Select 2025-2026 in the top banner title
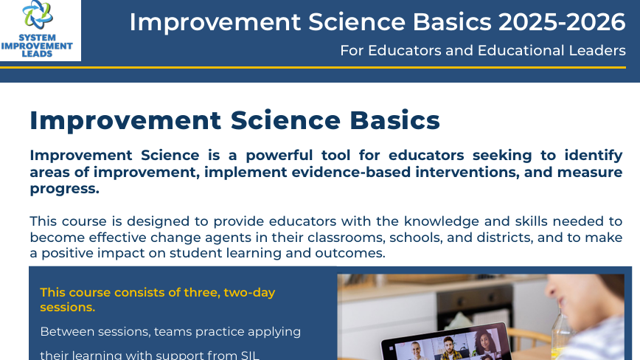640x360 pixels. [x=561, y=23]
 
